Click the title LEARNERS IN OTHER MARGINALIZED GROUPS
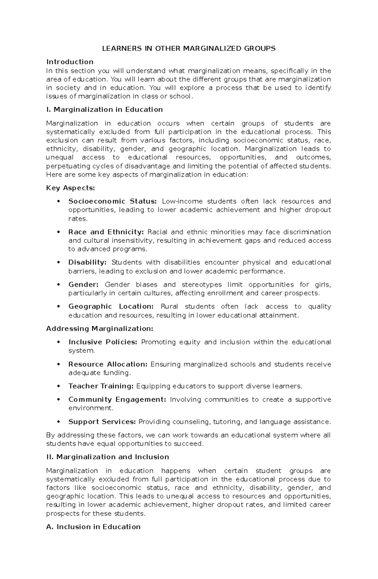[x=188, y=49]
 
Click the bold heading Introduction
[x=70, y=62]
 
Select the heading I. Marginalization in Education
[x=104, y=109]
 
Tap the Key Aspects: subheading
[x=70, y=188]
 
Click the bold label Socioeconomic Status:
[x=112, y=201]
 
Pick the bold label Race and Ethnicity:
[x=106, y=232]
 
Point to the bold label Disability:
[x=87, y=263]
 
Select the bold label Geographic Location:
[x=111, y=306]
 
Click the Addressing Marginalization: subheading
[x=100, y=329]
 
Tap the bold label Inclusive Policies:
[x=103, y=342]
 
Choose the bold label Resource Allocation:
[x=108, y=364]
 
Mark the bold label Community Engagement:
[x=117, y=399]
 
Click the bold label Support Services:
[x=102, y=422]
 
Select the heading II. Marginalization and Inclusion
[x=107, y=457]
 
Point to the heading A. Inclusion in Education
[x=93, y=527]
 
